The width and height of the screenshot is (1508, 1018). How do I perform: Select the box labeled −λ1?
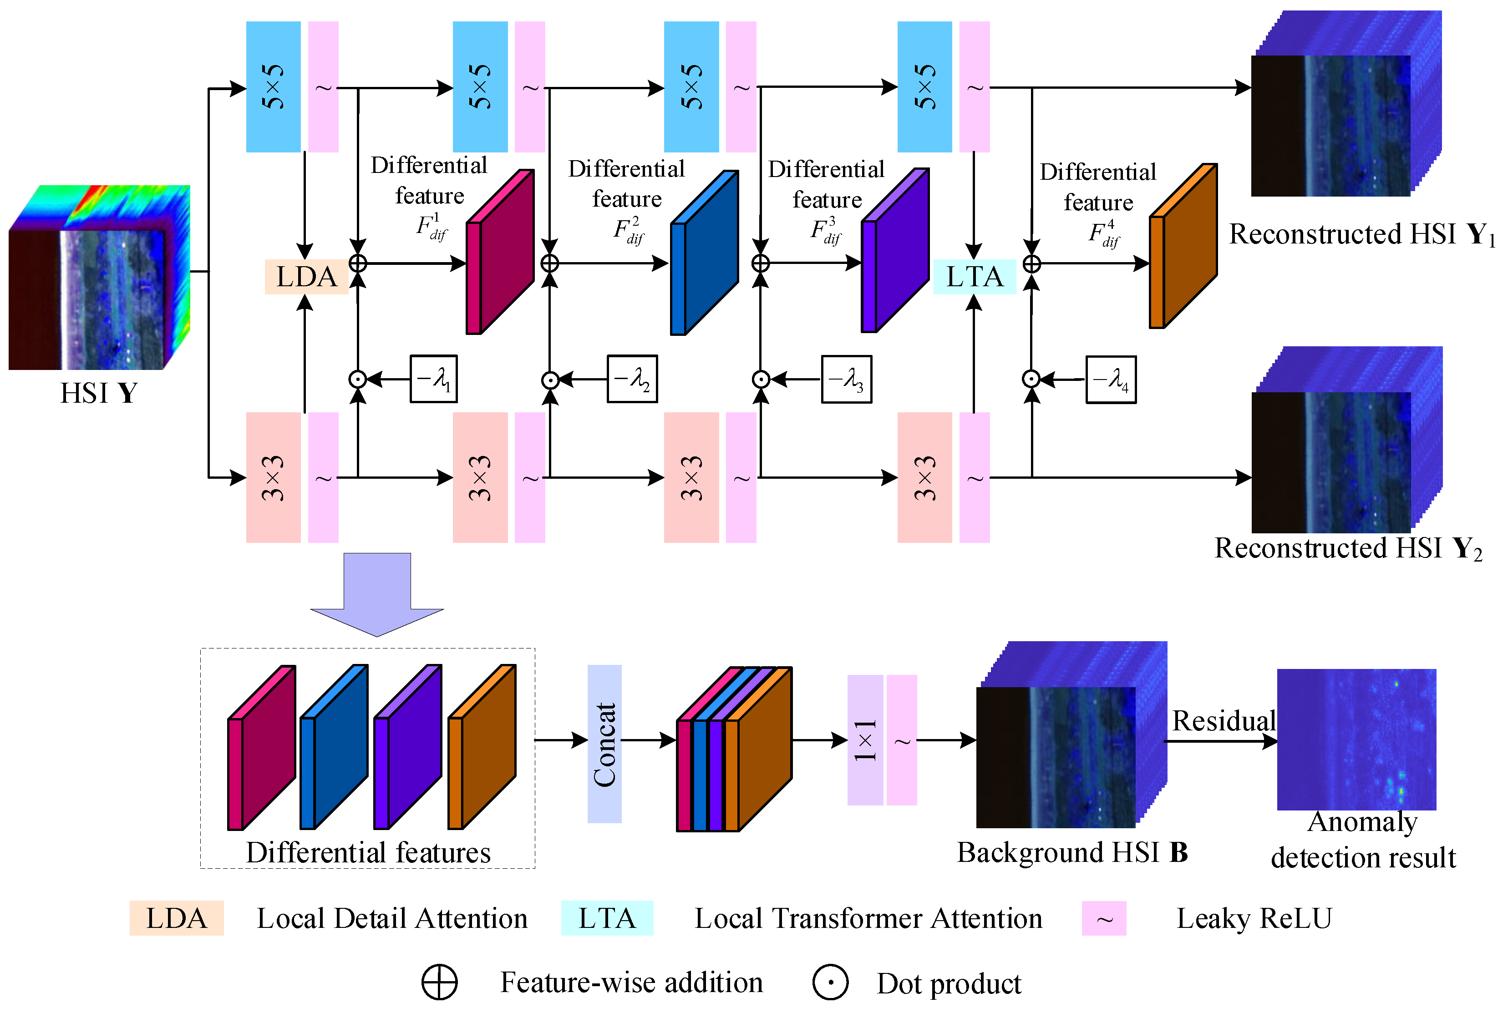[433, 379]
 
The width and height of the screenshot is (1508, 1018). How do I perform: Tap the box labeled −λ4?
[1110, 380]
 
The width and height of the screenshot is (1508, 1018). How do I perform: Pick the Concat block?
[604, 744]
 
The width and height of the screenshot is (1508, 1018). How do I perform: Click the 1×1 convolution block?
[864, 739]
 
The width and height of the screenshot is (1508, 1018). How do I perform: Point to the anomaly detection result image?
[1356, 739]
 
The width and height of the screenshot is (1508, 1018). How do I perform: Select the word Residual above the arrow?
[1223, 721]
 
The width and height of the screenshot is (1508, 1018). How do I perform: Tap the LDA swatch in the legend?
[177, 918]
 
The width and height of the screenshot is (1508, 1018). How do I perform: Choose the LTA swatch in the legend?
[607, 918]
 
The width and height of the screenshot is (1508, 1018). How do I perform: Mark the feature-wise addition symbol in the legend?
[439, 983]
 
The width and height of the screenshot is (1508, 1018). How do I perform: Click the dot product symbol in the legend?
[830, 983]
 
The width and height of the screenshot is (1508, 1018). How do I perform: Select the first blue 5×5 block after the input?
[273, 87]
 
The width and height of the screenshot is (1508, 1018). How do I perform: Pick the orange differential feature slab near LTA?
[1182, 247]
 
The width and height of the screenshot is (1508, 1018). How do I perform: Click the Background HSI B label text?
[1072, 852]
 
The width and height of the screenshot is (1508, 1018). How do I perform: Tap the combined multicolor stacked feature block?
[733, 750]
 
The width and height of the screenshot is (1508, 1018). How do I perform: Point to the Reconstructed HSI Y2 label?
[1348, 549]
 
